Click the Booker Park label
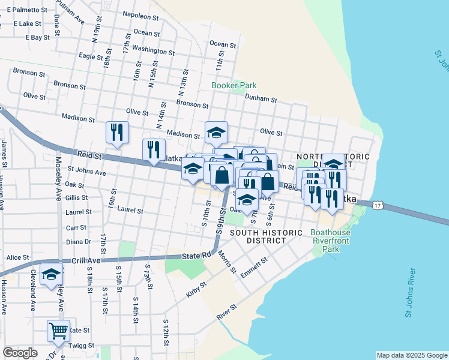(234, 85)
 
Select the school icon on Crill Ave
(52, 275)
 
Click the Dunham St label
(261, 99)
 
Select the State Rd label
(197, 255)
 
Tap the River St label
(227, 311)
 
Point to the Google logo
(20, 353)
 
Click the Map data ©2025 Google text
(411, 355)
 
